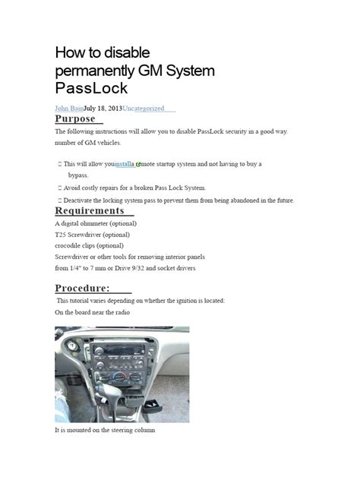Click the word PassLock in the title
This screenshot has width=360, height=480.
tap(86, 89)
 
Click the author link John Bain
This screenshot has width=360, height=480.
tap(68, 109)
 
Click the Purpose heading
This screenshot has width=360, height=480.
tap(75, 119)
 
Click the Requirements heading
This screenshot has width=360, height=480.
tap(90, 210)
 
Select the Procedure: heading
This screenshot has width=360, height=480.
tap(83, 288)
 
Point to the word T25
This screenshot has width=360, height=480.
tap(61, 235)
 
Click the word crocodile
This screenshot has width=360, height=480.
tap(71, 246)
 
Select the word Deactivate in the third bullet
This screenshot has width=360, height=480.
tap(83, 201)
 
